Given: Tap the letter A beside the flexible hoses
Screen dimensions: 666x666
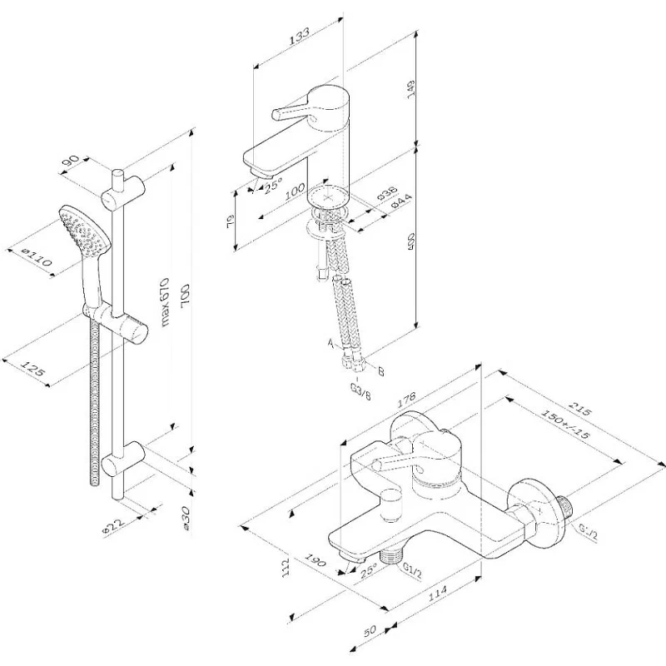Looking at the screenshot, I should pyautogui.click(x=331, y=343).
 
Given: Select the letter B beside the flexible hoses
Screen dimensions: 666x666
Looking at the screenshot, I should pyautogui.click(x=381, y=372).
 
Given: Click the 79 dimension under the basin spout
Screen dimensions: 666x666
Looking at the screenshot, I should pyautogui.click(x=231, y=222).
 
